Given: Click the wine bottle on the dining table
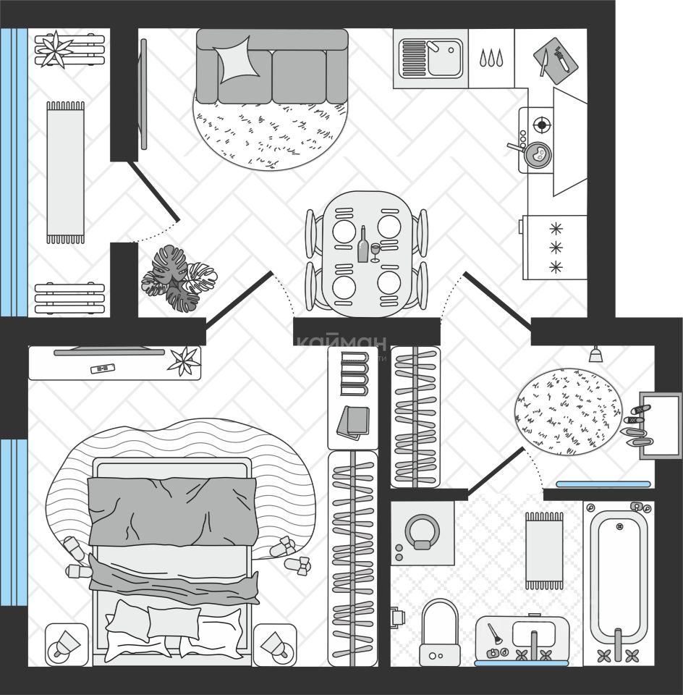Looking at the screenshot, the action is point(362,244).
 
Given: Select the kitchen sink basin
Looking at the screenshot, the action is point(444,59).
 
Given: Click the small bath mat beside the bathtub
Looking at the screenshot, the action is point(544,550).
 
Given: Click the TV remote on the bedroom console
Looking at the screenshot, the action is point(103,368).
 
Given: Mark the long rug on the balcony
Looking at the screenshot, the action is point(65,172).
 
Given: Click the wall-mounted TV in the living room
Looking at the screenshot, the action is point(143,94).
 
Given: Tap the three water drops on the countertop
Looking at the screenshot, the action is point(491,58).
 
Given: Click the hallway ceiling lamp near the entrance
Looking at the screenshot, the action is point(595,355).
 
